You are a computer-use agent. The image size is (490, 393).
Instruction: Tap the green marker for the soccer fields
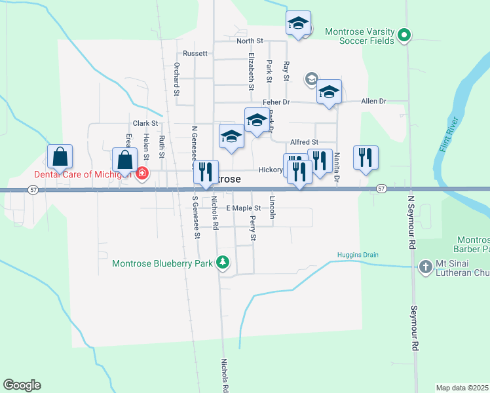[405, 35]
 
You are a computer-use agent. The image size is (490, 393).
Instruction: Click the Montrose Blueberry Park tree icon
[223, 263]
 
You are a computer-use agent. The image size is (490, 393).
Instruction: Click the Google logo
[22, 385]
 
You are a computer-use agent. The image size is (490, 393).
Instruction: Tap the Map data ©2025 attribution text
[461, 387]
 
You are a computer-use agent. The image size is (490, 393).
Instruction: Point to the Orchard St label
[177, 79]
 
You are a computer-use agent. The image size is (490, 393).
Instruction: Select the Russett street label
[195, 53]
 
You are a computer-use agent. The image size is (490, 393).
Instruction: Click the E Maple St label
[244, 208]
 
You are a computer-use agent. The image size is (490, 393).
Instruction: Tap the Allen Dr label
[374, 102]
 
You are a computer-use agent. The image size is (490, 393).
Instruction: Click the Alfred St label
[304, 141]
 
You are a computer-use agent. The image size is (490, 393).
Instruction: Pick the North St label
[250, 41]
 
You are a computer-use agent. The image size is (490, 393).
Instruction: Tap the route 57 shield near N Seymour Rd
[381, 189]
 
